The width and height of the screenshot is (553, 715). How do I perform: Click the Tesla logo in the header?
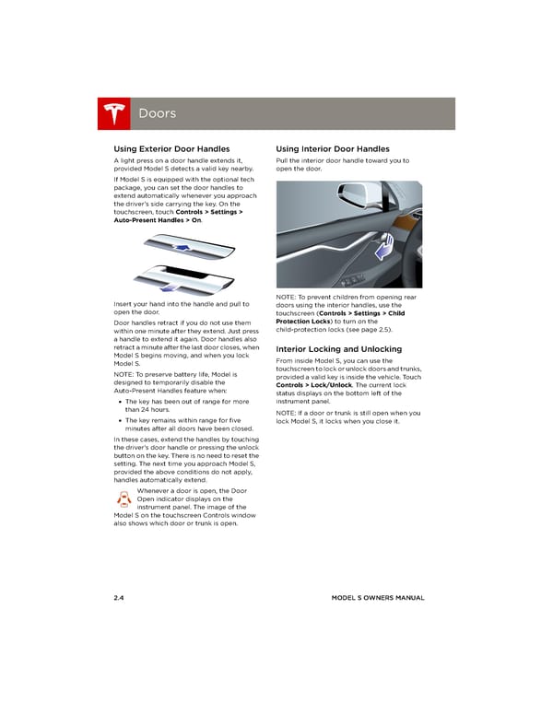click(115, 114)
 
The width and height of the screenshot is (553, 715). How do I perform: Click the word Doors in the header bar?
click(157, 114)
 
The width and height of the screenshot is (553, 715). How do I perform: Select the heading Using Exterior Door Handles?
click(171, 148)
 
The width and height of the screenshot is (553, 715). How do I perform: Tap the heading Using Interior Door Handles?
click(332, 148)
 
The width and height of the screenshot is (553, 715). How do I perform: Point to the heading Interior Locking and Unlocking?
click(338, 349)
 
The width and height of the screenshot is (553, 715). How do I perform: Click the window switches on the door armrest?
click(355, 279)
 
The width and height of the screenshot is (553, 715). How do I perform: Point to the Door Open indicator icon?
click(124, 499)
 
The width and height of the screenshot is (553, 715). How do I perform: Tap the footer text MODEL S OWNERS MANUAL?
click(378, 598)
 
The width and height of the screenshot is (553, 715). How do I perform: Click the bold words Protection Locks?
click(307, 321)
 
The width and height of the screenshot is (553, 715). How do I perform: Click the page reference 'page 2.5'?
click(376, 329)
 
